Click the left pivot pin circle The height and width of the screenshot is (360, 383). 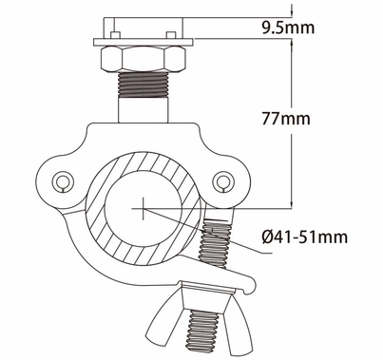63,180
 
